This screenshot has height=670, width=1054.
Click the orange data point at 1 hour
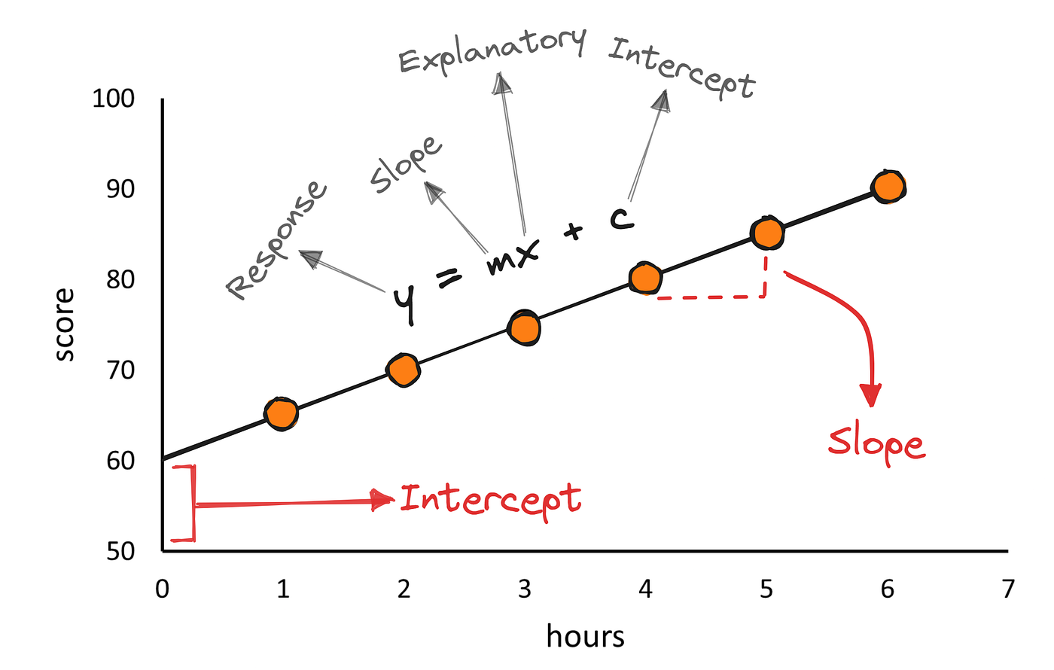point(281,413)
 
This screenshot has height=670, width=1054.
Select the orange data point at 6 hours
point(888,187)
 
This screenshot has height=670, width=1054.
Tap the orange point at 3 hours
point(524,328)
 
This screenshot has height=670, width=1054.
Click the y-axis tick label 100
point(113,99)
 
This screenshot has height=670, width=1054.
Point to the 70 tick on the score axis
point(120,370)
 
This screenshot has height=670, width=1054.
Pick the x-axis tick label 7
point(1008,589)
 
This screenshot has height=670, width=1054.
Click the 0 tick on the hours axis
point(163,589)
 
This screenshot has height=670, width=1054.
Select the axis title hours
point(585,636)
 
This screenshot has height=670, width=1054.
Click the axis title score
point(65,324)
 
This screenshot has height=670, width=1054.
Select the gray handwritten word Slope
point(406,164)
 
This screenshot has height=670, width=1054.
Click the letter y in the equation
point(405,301)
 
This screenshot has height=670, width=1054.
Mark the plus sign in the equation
point(574,231)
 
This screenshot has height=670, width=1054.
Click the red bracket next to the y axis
point(187,503)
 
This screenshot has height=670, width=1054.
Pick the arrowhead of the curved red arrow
point(871,395)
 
